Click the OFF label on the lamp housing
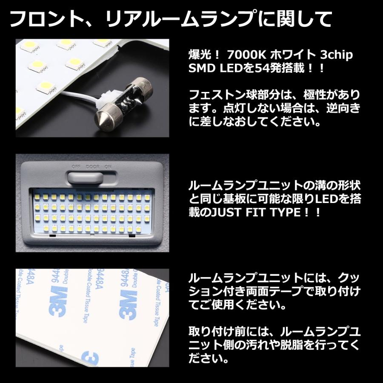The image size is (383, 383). pyautogui.click(x=76, y=166)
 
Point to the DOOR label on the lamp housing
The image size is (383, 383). pyautogui.click(x=92, y=166)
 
